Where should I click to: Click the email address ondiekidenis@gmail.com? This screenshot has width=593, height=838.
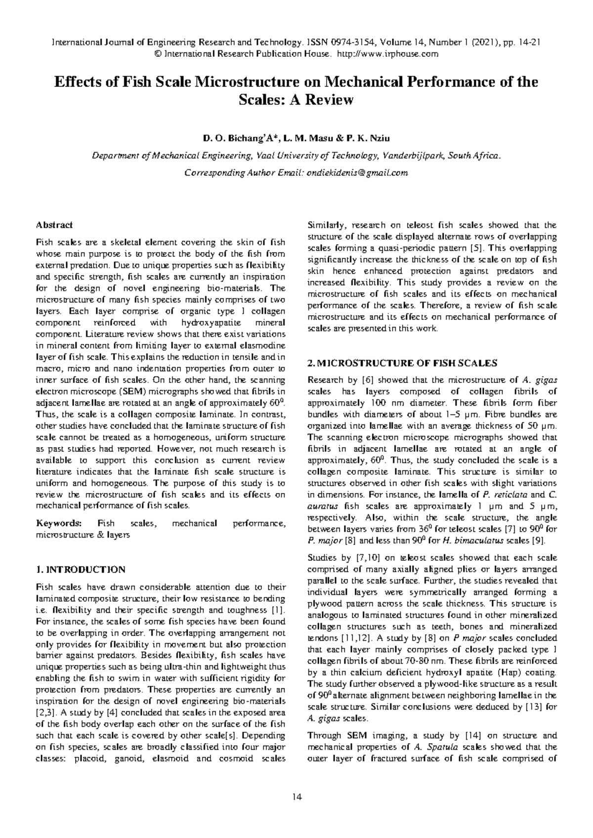coord(357,172)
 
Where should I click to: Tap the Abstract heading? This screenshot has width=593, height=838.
coord(54,225)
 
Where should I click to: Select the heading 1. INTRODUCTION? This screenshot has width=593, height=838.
coord(81,569)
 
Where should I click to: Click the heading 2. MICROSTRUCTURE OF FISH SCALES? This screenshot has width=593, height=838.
coord(402,363)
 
